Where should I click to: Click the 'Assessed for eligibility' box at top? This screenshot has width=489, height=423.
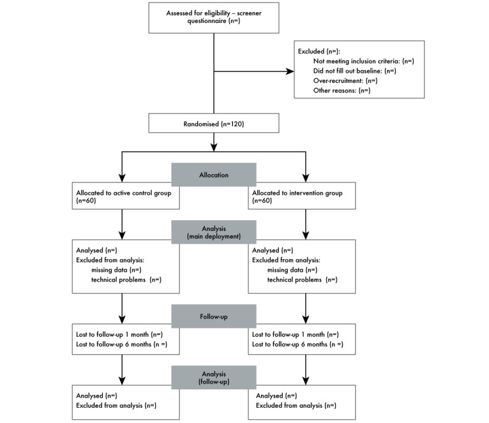[213, 17]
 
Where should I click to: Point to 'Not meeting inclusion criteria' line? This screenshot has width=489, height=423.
[364, 61]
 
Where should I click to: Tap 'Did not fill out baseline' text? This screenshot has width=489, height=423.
[355, 71]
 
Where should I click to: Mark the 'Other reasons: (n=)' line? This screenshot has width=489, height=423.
[342, 91]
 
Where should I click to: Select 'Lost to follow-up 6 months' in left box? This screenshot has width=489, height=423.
[117, 344]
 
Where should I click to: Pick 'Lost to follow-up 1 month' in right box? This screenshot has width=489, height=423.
[295, 334]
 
